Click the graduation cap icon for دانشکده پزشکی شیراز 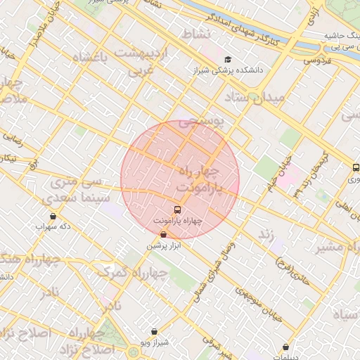[227, 60]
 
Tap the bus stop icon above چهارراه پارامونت [176, 209]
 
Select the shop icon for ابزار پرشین [164, 234]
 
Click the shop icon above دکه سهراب [53, 216]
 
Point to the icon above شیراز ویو [155, 330]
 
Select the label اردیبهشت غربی [143, 62]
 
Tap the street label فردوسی [319, 60]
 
